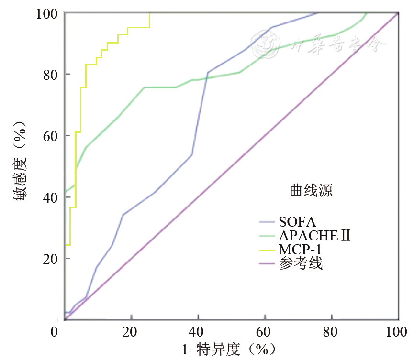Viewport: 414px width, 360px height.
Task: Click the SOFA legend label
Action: [297, 222]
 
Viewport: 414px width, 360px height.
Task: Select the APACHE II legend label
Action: [313, 236]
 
